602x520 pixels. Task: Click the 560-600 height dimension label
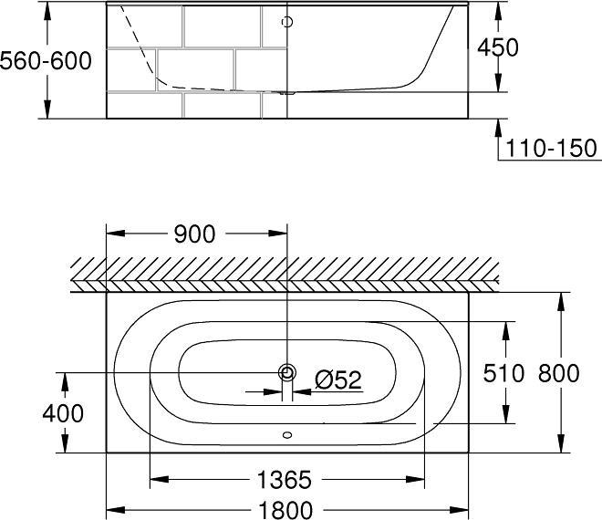pos(46,61)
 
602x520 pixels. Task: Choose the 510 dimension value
pos(503,372)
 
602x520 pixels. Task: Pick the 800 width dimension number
pos(558,372)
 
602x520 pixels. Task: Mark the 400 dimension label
pos(63,413)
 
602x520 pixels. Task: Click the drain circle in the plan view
pos(288,371)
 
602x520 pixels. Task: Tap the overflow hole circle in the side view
pos(288,22)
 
